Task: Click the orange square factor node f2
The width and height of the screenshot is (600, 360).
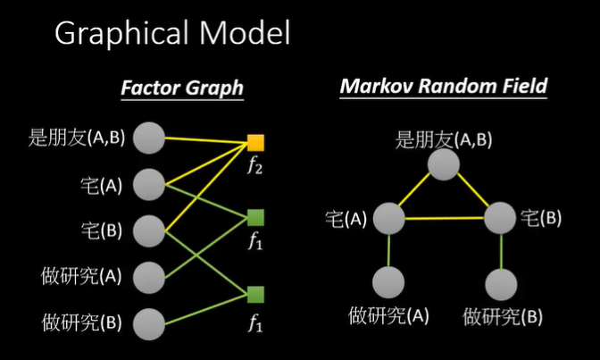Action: (255, 143)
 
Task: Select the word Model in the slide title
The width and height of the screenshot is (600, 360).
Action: (245, 33)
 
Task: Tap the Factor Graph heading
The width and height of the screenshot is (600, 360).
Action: (182, 88)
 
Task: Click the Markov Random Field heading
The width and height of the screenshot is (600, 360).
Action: (444, 86)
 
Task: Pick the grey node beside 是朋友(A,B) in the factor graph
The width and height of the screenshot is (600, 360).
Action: (149, 138)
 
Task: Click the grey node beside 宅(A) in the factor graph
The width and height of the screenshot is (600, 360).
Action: (149, 185)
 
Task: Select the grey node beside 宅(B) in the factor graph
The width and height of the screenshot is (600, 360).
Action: (149, 231)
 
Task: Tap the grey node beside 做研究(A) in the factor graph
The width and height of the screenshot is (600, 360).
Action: (149, 278)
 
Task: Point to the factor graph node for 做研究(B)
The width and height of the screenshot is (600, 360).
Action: (149, 324)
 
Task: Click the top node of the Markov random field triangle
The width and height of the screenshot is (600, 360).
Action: (444, 164)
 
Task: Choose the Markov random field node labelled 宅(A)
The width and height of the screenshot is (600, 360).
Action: (388, 218)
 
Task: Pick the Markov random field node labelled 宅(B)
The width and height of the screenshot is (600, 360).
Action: (500, 218)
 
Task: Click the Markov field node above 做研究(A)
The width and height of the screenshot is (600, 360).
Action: (388, 282)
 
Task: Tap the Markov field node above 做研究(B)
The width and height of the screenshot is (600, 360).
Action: (501, 285)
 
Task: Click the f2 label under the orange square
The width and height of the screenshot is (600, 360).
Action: (254, 165)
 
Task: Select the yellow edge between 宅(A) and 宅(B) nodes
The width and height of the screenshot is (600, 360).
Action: (445, 218)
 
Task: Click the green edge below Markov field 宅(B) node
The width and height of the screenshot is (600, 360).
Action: (501, 252)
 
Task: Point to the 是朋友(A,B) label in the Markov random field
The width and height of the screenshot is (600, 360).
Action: (444, 139)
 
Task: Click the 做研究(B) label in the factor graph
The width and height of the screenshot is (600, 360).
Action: (81, 322)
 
